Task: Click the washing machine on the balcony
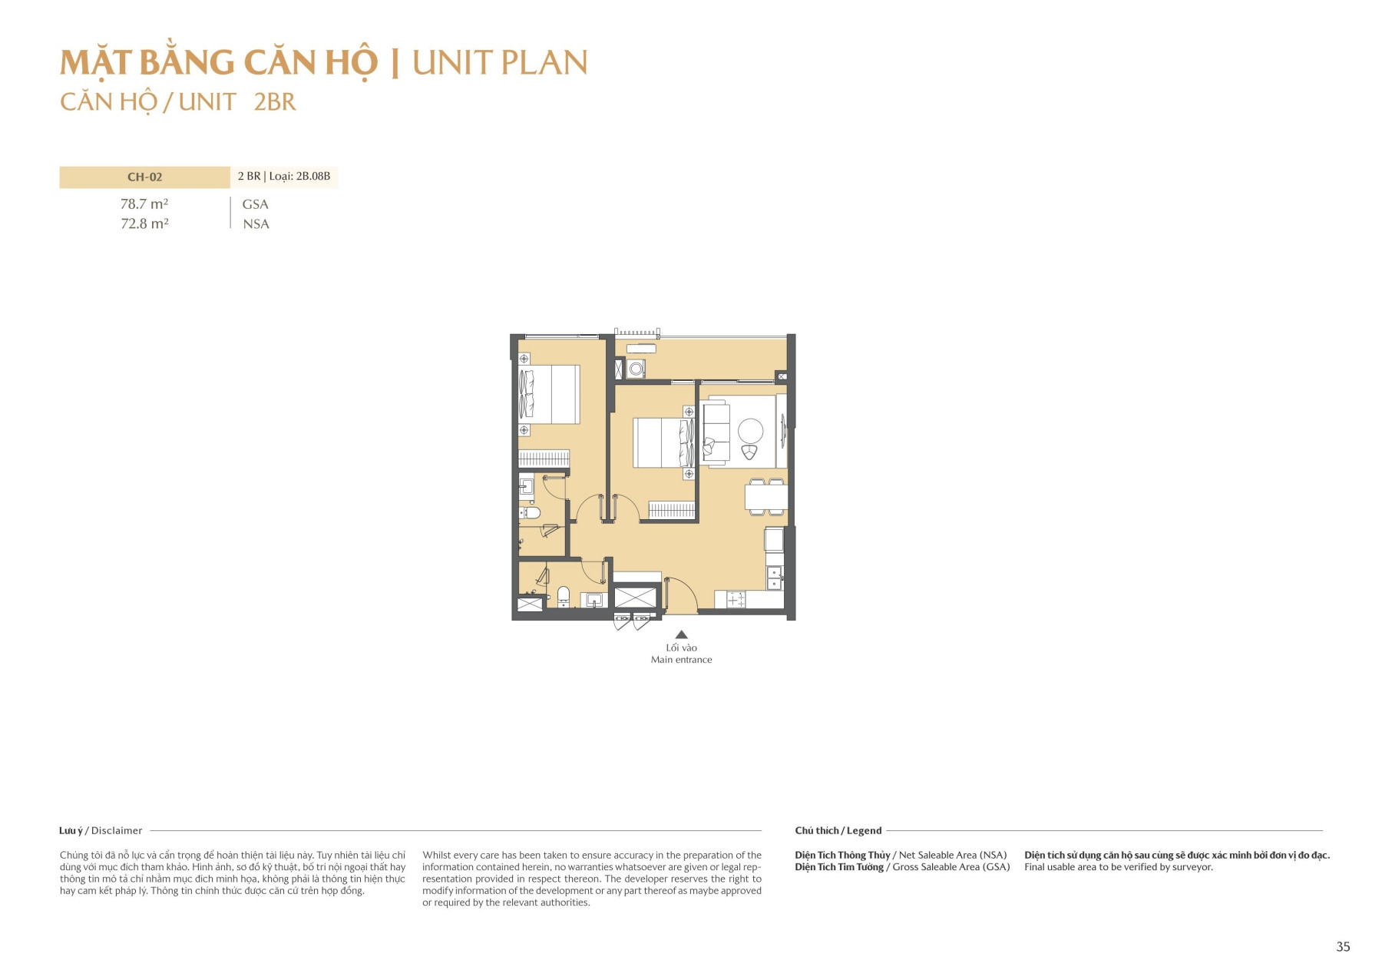636,369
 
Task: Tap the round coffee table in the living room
750,430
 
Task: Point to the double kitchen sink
775,578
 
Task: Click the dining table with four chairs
765,498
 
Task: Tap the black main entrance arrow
681,634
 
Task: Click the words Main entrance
681,660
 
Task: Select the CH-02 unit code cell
144,177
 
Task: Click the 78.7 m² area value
144,204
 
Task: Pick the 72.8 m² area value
144,224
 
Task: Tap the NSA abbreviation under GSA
256,224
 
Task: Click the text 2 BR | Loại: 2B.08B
284,177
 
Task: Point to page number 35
1343,947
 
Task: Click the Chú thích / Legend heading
838,830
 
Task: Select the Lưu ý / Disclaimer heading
101,830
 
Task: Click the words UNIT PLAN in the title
500,63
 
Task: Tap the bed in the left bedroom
549,394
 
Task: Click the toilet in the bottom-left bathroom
564,595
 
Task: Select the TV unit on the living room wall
783,431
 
